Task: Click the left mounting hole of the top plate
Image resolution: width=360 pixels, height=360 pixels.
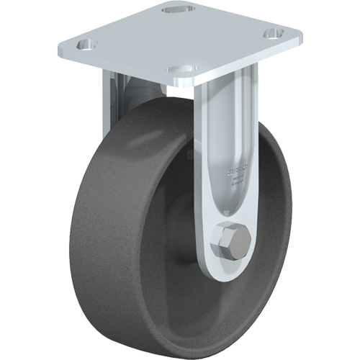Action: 86,45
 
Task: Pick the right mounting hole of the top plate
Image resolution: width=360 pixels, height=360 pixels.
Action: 271,33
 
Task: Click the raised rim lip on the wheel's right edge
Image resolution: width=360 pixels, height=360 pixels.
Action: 289,216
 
